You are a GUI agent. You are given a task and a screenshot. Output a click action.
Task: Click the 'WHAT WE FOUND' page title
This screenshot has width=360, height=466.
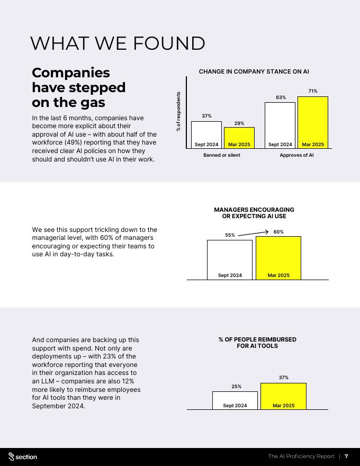tap(118, 43)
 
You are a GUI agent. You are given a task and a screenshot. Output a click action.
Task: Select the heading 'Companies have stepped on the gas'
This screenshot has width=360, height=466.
tap(78, 87)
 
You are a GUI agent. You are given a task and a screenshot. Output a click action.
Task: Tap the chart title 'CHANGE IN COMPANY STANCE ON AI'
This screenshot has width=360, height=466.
tap(254, 71)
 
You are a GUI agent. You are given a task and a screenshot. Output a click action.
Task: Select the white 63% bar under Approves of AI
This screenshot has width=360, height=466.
tap(280, 125)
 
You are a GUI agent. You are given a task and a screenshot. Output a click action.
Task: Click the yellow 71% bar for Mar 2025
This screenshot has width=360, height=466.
tap(313, 122)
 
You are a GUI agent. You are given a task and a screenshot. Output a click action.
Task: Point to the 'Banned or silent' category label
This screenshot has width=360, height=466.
tap(222, 155)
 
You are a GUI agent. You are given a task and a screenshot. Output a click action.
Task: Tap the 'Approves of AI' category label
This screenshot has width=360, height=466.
tap(296, 155)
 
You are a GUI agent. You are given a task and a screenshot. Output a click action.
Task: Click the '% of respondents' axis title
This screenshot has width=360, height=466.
tap(178, 112)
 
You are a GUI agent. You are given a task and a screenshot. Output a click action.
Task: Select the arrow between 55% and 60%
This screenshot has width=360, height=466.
tap(254, 233)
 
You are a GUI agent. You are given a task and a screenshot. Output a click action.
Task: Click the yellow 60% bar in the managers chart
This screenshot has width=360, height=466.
tap(278, 257)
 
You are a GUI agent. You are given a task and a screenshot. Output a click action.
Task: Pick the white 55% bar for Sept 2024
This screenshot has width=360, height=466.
tap(230, 259)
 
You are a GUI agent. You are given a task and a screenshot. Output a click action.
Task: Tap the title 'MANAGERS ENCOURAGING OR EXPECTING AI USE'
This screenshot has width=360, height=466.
tap(254, 213)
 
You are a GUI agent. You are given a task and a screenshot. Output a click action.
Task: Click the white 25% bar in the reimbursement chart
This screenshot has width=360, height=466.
tap(235, 400)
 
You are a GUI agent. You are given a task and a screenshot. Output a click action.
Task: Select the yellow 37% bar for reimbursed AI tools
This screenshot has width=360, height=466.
tap(283, 396)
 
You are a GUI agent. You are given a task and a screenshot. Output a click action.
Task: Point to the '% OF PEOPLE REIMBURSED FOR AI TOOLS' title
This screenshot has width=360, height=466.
tap(257, 343)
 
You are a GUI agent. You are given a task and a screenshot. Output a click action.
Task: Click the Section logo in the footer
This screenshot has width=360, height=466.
tap(23, 456)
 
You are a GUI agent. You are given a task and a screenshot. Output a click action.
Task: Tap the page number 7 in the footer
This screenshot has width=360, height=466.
tap(346, 456)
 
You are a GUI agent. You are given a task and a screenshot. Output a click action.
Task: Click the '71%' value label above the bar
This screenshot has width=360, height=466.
tap(313, 91)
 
